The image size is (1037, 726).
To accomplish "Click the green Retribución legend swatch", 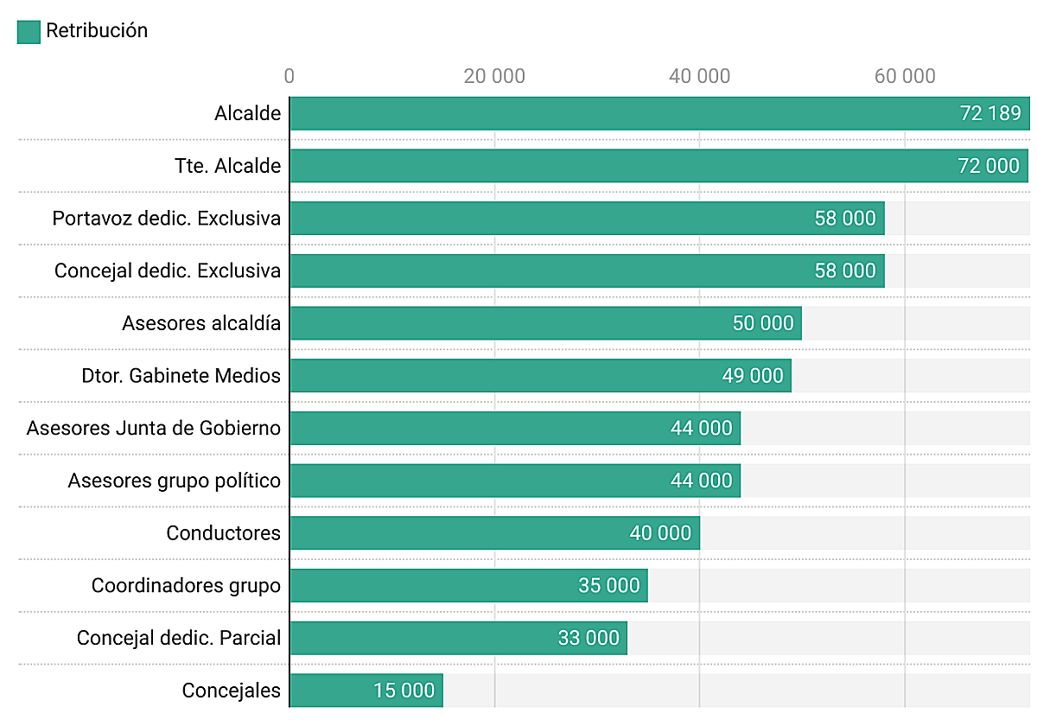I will (29, 32).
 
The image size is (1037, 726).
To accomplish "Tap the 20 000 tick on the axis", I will (494, 76).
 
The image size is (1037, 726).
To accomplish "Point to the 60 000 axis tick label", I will (905, 76).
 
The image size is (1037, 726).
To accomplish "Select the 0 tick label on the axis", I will (289, 76).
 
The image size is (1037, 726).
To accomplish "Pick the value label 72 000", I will (989, 166).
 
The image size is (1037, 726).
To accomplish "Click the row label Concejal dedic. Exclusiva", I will (168, 271).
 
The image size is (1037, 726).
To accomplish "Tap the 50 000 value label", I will (763, 323).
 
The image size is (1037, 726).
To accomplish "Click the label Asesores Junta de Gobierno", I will (154, 428).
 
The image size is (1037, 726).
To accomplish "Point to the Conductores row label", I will (224, 533).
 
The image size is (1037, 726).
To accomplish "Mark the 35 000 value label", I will (609, 586).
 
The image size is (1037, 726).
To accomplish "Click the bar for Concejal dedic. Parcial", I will (432, 638).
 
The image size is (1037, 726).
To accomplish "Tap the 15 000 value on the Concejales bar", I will (404, 691).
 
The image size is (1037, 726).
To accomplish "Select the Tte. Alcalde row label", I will (228, 166).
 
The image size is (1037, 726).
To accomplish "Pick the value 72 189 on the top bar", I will (990, 113).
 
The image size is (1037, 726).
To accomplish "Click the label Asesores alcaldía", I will (201, 323).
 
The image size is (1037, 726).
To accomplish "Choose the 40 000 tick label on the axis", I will (699, 76).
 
